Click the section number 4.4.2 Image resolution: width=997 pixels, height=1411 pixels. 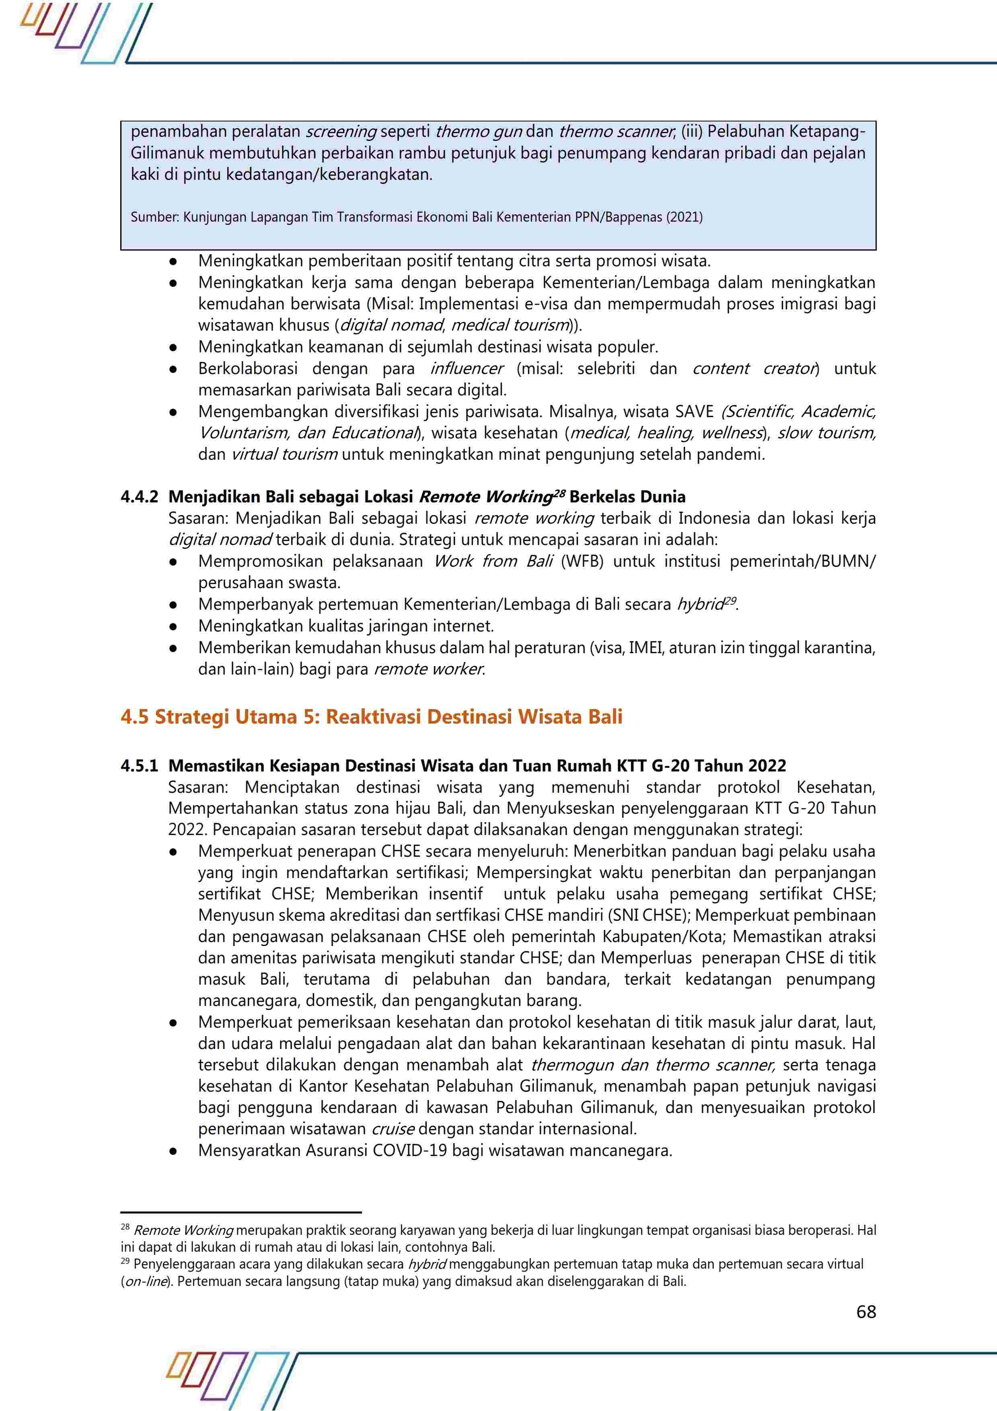tap(140, 497)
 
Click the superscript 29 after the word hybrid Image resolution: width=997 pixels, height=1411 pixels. tap(730, 601)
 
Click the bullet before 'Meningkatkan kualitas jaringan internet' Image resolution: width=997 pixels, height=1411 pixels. tap(174, 627)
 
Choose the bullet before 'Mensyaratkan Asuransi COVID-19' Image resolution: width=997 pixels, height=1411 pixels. tap(174, 1151)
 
